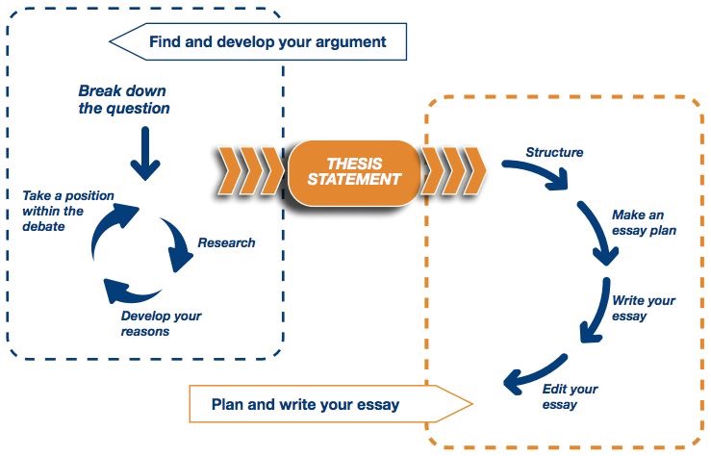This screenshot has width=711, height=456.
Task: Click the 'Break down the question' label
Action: tap(124, 99)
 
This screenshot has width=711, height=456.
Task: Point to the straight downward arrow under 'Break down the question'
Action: tap(144, 152)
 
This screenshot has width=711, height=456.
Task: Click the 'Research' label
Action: tap(226, 242)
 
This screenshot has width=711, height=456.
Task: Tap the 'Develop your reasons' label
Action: tap(161, 323)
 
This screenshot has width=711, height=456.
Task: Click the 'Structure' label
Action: tap(554, 152)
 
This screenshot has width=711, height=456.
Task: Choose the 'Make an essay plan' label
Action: tap(644, 222)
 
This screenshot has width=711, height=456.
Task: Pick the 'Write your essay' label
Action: tap(643, 307)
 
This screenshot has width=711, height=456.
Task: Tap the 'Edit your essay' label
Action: tap(571, 396)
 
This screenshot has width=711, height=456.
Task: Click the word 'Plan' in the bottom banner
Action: tap(228, 405)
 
